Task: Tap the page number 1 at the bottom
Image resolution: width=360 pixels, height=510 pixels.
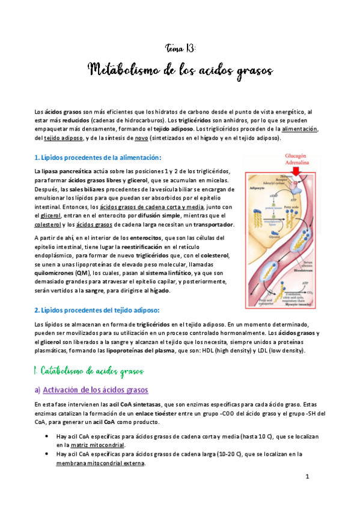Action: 307,477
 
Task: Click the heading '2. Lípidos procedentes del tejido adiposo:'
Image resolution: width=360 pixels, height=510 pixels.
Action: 97,310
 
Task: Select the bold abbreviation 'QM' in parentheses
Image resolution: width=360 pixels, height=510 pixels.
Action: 75,271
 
